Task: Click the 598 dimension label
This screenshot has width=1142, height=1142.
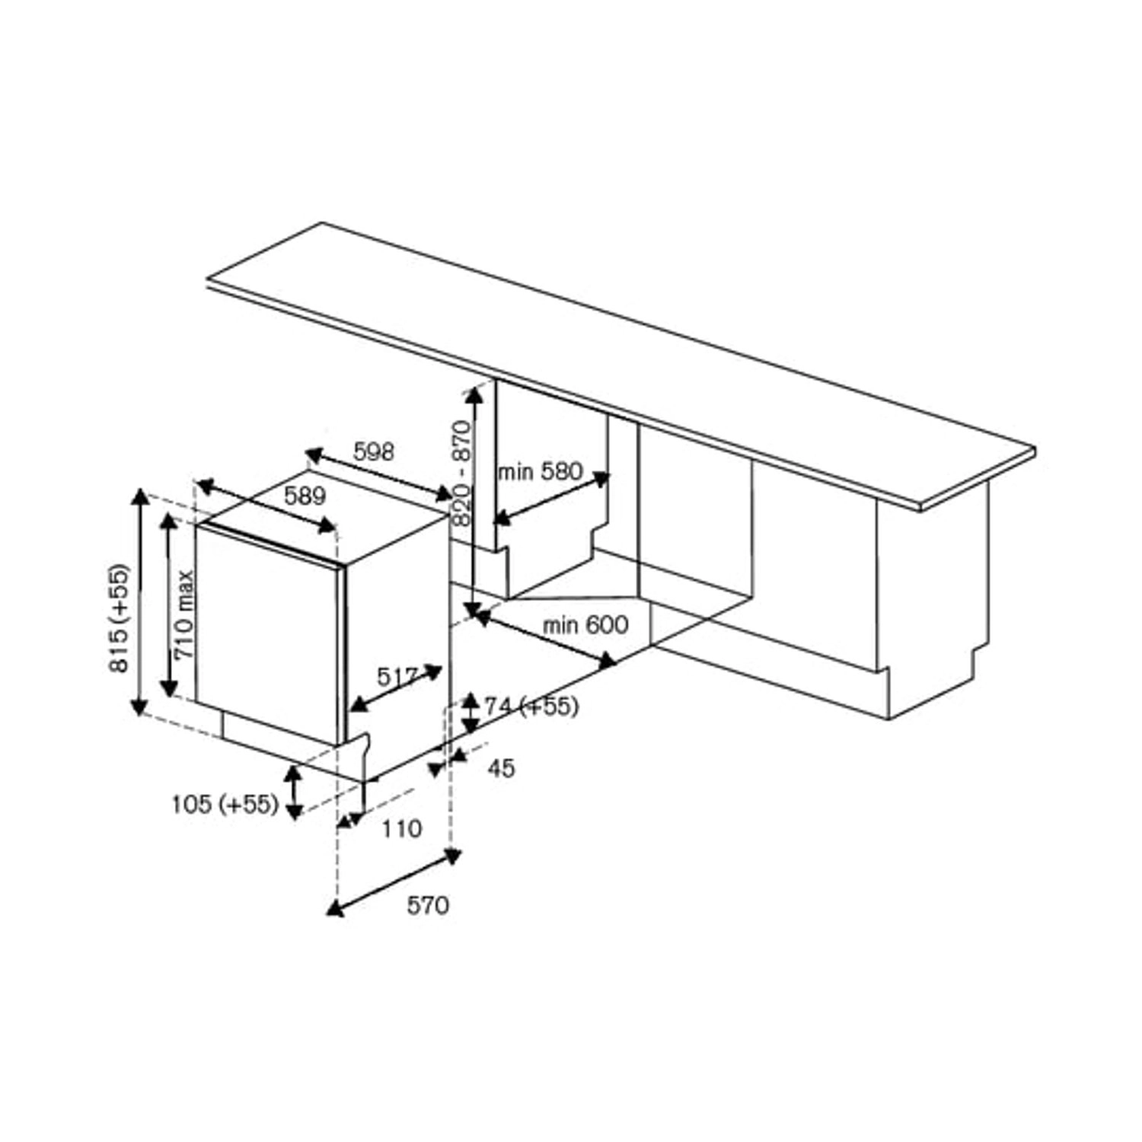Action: [x=374, y=451]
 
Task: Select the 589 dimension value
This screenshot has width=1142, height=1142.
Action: [x=305, y=496]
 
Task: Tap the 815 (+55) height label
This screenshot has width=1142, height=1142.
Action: [x=120, y=618]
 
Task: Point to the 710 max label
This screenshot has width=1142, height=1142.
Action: [x=184, y=615]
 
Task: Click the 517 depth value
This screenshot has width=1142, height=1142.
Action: [x=397, y=676]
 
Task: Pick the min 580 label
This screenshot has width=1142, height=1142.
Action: [x=540, y=471]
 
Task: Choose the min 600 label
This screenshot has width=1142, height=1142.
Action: [x=585, y=625]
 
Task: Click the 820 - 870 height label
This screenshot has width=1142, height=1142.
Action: [x=461, y=474]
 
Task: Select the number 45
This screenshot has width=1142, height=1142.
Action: [x=501, y=768]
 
